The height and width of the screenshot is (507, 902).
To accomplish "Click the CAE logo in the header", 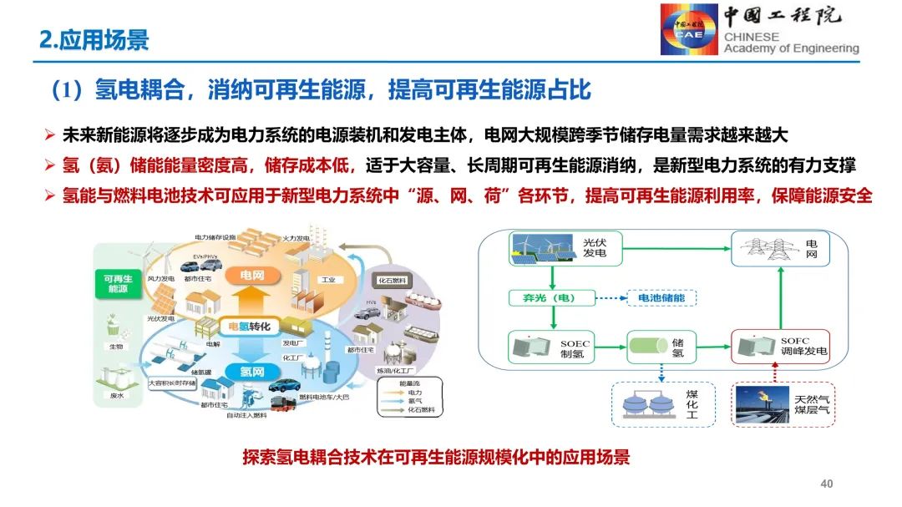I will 688,30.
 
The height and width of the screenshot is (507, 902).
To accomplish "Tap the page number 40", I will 827,484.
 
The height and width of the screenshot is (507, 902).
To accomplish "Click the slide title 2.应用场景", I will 94,39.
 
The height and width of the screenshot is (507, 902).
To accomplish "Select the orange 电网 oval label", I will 251,275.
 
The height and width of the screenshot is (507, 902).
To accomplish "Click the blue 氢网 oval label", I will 252,371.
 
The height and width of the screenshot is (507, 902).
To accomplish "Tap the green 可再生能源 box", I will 116,283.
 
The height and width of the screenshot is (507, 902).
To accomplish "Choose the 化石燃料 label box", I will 391,281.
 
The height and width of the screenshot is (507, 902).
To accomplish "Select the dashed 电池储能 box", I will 665,297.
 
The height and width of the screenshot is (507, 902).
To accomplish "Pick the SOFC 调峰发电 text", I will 803,347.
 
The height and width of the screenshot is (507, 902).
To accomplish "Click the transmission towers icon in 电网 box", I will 761,247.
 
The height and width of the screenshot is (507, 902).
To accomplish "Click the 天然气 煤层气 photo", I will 764,403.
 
